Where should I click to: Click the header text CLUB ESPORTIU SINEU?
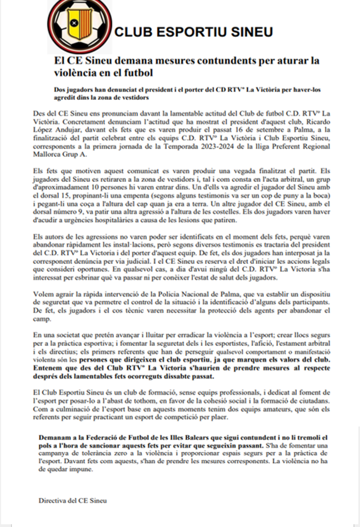click(194, 32)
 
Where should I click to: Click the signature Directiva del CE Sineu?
click(72, 500)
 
